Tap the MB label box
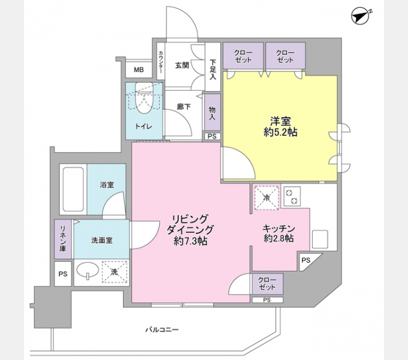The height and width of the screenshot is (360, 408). coord(139,70)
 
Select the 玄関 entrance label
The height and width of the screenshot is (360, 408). coord(182,66)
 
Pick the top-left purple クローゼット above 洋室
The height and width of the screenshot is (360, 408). coord(243,56)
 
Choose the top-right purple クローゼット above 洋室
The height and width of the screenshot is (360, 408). coord(285,56)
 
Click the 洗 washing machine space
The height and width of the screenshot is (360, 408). coord(114,272)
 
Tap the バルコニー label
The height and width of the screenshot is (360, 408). coord(162,329)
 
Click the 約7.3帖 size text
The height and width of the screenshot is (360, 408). coord(187,241)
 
